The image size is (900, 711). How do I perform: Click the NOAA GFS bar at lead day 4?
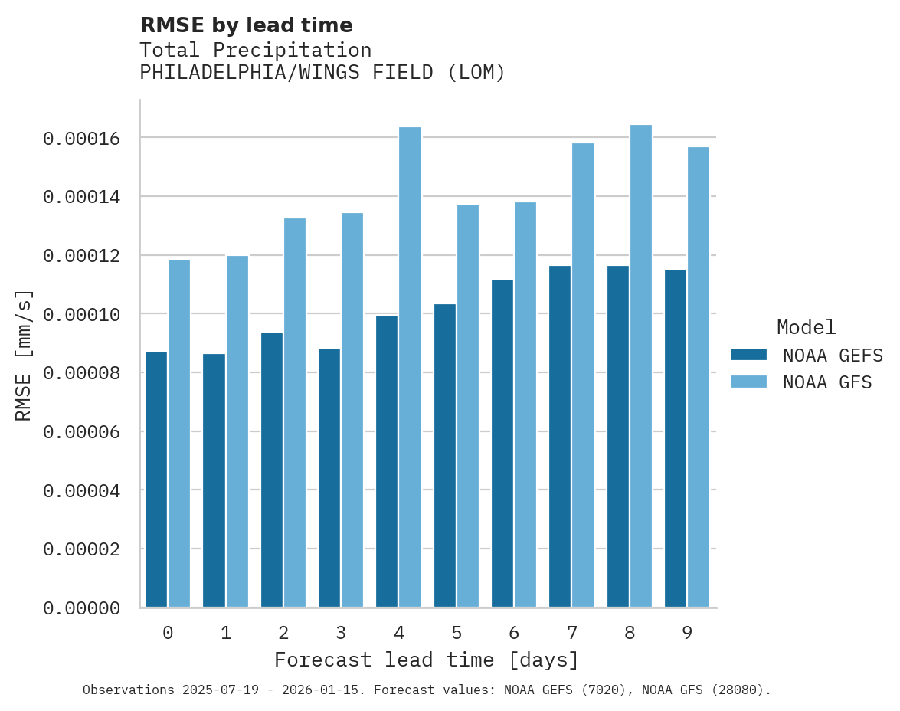(410, 368)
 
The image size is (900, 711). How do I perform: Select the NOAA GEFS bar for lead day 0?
(156, 480)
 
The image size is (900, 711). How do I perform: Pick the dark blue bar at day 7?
(560, 437)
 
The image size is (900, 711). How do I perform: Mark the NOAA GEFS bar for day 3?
(329, 478)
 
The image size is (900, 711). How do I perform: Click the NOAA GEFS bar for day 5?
(444, 456)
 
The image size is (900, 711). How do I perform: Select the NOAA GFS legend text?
(827, 382)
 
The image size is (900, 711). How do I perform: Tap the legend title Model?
(806, 327)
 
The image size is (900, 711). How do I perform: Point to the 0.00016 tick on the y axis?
(81, 139)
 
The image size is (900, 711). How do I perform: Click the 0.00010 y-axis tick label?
(81, 315)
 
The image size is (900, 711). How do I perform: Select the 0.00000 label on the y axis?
(81, 608)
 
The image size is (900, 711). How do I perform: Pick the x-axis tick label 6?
(514, 634)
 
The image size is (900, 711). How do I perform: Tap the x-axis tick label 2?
(283, 634)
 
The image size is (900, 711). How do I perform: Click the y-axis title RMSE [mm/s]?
(24, 355)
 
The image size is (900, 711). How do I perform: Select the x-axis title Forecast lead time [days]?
(427, 660)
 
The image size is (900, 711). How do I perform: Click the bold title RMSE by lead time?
(246, 25)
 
